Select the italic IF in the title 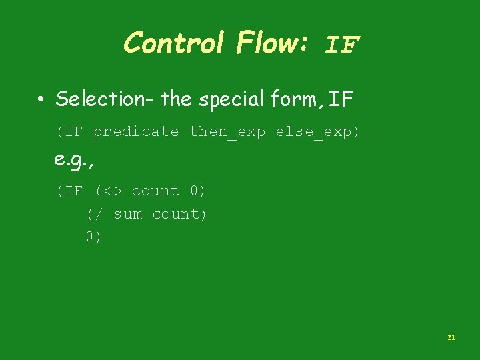point(343,45)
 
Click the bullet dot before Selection point(41,101)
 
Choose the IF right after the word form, point(341,100)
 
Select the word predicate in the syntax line point(136,132)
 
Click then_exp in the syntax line point(227,132)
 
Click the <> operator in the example point(113,191)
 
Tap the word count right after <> point(155,191)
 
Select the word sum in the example point(127,214)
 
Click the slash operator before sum point(99,214)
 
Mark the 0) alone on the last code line point(93,237)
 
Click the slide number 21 point(451,338)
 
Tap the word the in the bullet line point(176,99)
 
